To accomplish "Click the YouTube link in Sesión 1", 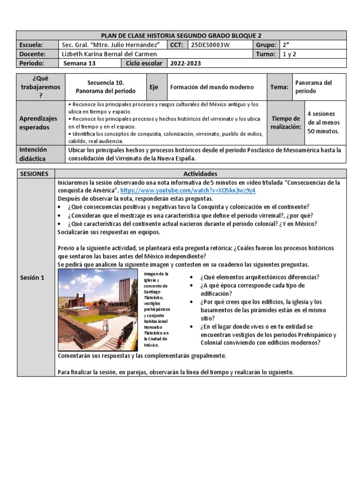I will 188,191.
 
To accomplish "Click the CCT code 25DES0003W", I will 210,45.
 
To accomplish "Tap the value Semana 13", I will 79,63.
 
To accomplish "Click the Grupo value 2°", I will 285,45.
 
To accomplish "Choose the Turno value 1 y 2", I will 289,54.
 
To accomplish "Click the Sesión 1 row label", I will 32,277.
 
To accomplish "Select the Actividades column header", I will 200,173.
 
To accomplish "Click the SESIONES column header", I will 34,173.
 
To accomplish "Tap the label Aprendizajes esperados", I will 38,123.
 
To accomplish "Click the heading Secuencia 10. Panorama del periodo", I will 105,87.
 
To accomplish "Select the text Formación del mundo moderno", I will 212,87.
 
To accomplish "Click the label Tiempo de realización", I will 286,123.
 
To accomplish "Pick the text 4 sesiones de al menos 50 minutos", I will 323,122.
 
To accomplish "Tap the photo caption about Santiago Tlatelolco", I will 157,309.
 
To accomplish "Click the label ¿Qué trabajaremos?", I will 38,87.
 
